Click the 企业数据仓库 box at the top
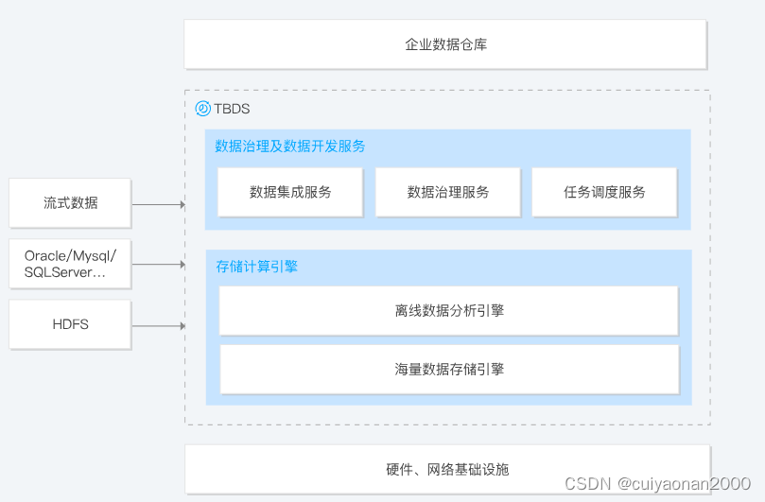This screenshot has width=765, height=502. (445, 44)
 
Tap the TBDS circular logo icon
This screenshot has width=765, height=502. (202, 109)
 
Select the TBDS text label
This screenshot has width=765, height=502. (232, 109)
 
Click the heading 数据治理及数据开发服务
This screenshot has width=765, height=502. (290, 147)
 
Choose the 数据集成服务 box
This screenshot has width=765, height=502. (290, 192)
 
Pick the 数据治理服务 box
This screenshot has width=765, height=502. (447, 192)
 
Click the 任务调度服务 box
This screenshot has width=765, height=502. (604, 192)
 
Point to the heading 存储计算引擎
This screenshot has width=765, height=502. (256, 267)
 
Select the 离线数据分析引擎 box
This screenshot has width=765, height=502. (449, 310)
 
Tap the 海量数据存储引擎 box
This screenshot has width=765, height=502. (449, 369)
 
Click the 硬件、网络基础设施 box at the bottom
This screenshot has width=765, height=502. (447, 469)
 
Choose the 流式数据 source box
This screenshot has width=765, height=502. (70, 202)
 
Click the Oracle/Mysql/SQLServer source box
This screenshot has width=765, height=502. (70, 264)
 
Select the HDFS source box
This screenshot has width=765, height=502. (70, 324)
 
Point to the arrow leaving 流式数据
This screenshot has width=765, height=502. (158, 204)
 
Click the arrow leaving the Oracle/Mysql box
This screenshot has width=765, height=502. (158, 265)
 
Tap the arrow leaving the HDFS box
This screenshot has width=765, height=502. (158, 326)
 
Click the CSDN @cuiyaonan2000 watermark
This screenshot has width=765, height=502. (657, 483)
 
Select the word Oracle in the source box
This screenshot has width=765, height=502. (44, 255)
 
